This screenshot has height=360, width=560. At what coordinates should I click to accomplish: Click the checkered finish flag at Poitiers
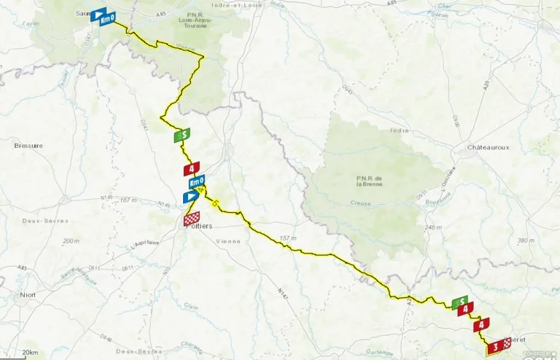coord(191,217)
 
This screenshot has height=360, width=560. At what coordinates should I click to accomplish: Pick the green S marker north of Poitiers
coord(182,135)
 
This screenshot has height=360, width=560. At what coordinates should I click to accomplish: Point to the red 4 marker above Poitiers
coord(192,168)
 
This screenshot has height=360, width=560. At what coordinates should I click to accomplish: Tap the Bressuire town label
coord(28,146)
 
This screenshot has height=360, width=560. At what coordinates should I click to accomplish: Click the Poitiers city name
coord(200,227)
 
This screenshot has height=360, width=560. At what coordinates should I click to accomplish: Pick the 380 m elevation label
coord(525,240)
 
